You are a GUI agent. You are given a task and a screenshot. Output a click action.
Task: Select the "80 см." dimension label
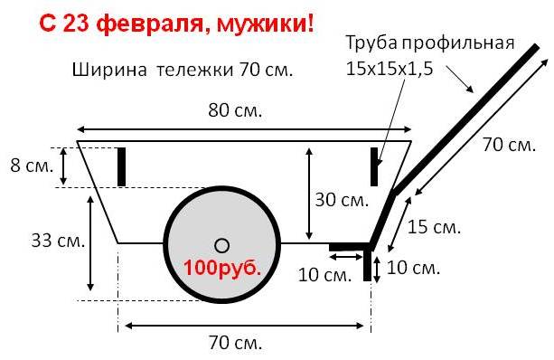235,110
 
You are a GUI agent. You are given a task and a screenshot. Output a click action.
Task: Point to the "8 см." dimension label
32,166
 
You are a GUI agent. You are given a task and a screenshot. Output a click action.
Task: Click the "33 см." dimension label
59,241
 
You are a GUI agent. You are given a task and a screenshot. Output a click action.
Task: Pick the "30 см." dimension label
342,200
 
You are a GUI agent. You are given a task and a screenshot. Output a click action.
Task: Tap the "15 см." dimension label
434,227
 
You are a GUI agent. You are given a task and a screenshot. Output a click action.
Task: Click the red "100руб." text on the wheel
222,268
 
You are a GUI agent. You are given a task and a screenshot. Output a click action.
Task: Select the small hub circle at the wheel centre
222,246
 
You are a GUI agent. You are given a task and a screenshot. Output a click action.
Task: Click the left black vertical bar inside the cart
121,166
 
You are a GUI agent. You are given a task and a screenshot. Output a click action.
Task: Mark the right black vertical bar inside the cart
374,166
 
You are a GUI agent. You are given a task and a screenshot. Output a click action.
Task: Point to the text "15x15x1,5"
390,68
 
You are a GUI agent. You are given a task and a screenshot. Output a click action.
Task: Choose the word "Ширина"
109,70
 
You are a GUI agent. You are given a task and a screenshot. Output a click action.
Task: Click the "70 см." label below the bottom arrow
235,342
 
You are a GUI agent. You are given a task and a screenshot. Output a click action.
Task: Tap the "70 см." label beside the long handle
510,145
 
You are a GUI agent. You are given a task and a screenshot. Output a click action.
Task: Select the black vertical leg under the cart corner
368,262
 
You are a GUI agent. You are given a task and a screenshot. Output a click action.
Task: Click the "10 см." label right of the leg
413,268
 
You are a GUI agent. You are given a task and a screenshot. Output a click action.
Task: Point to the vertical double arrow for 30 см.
309,194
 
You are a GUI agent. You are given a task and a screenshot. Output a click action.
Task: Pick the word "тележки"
194,70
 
